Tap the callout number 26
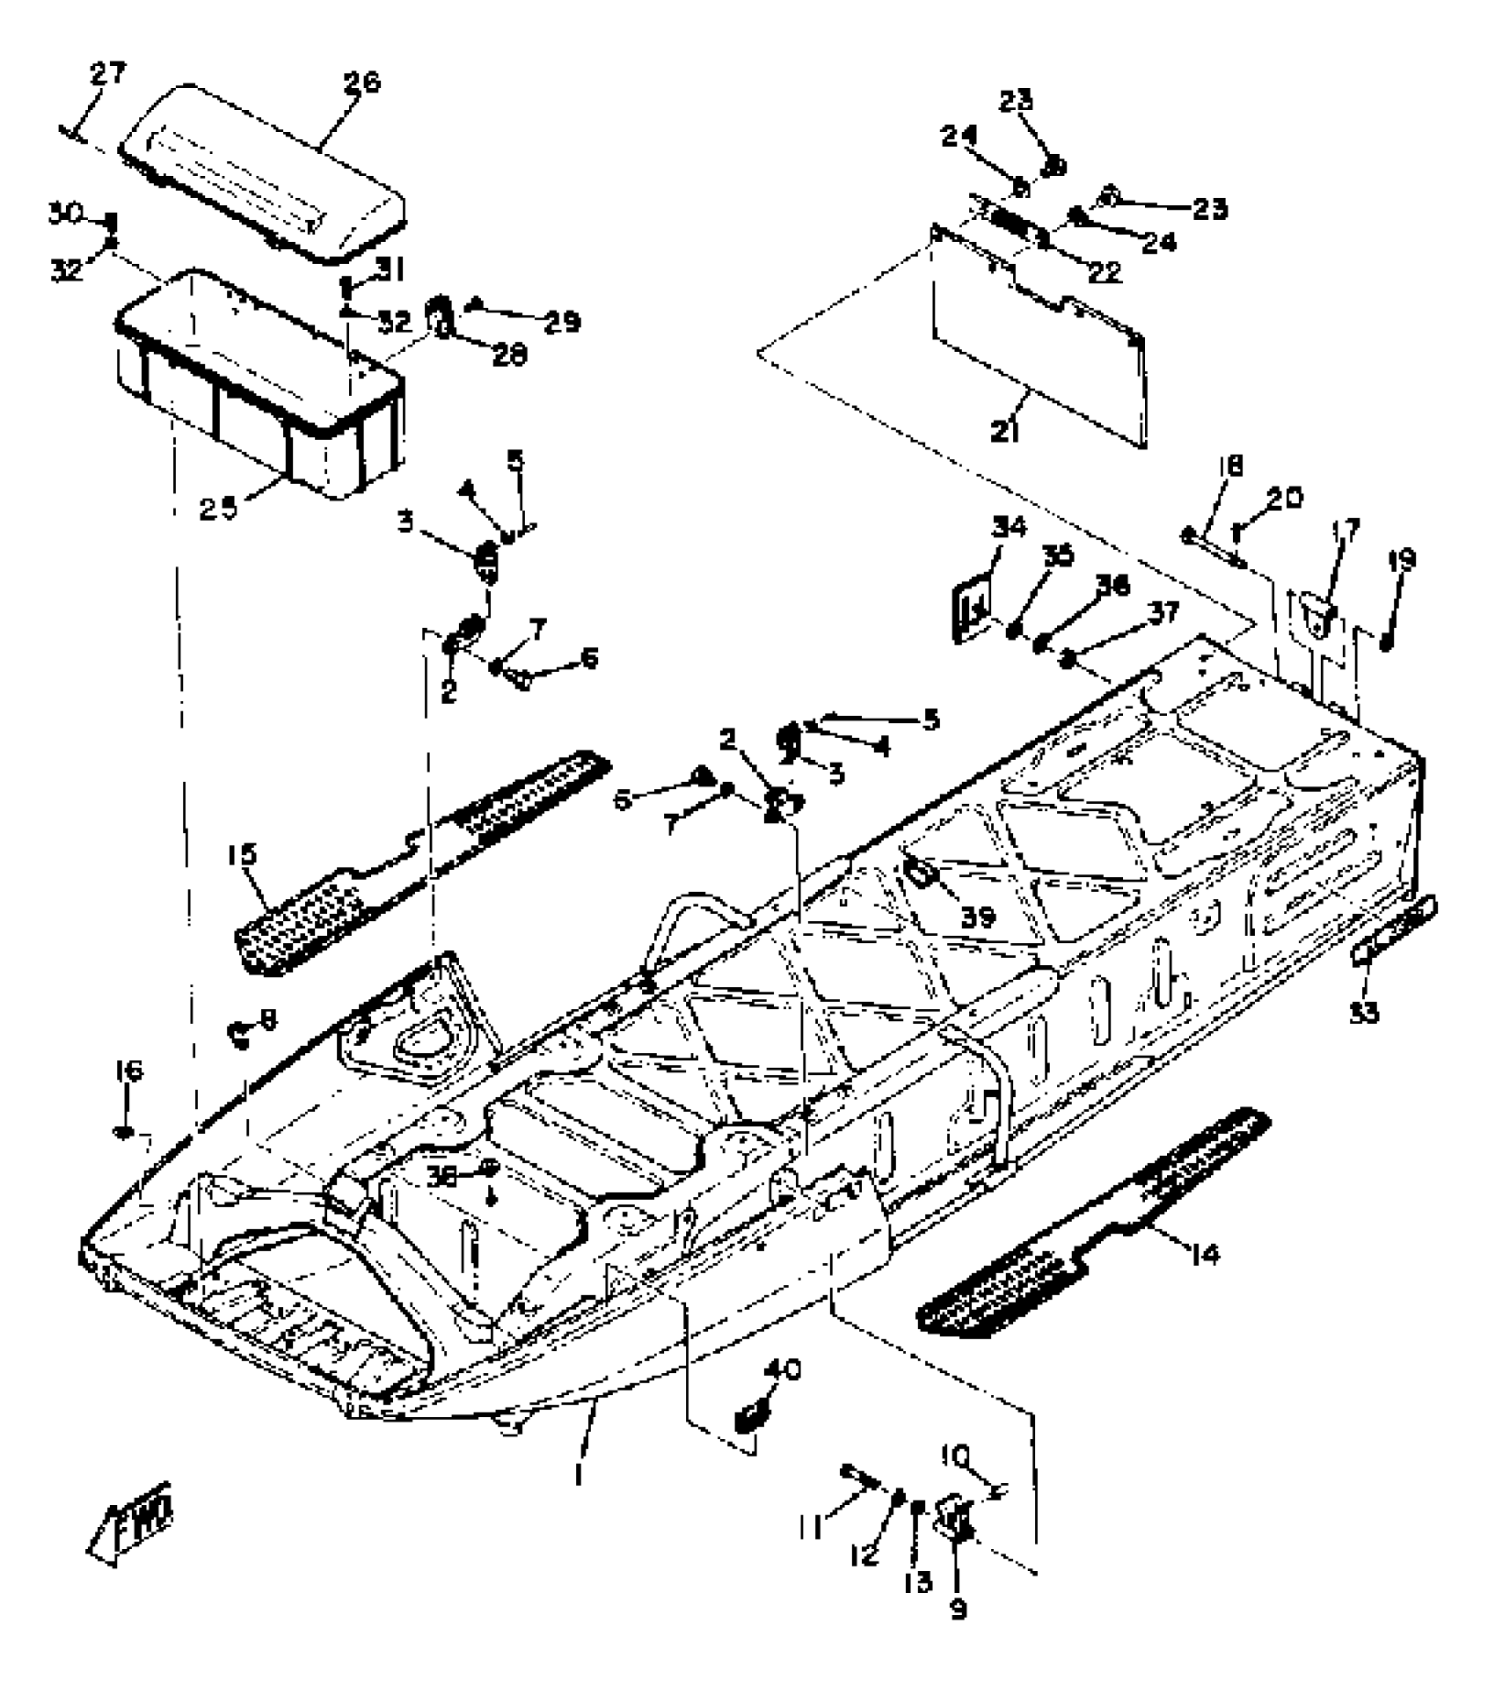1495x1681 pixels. point(361,84)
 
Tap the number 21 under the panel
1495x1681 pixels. point(1004,432)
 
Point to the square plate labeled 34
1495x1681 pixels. point(971,606)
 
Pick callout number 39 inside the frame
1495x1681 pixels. point(976,917)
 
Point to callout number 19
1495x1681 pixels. point(1402,559)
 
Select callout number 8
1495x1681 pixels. point(267,1020)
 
